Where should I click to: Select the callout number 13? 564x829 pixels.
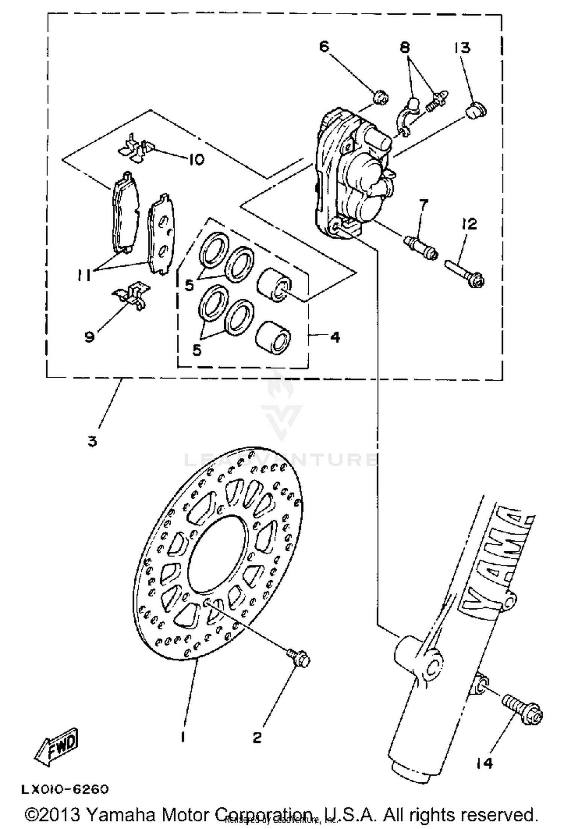(462, 48)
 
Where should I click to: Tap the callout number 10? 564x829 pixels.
(196, 160)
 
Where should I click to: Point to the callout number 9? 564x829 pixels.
(89, 337)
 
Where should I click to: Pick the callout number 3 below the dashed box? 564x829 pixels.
(92, 441)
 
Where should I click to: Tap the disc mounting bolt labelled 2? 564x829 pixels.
(299, 659)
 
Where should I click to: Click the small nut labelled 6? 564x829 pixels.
(381, 97)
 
